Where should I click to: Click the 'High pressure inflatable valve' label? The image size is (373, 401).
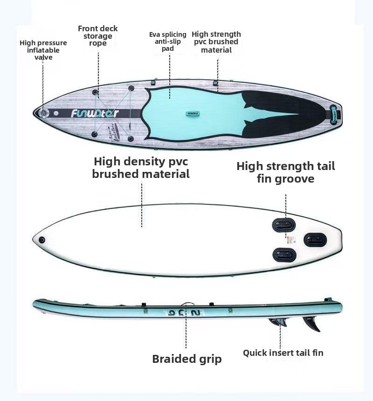point(43,50)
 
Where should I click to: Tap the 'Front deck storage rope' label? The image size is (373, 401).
point(98,36)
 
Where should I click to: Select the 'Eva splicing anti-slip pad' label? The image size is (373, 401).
point(168,41)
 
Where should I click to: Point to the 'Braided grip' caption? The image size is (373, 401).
point(187,359)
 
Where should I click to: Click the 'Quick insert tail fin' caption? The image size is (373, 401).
point(283,353)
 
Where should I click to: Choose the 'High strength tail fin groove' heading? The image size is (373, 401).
point(285,172)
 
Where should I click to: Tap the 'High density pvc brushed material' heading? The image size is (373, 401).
point(141,168)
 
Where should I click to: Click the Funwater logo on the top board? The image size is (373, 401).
point(95,113)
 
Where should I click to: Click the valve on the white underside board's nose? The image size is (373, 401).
point(42,240)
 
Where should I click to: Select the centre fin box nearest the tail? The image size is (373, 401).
point(315,240)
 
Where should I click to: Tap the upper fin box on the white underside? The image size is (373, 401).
point(284,225)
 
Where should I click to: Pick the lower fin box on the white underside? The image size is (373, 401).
point(284,255)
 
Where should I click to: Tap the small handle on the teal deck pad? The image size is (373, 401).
point(192,113)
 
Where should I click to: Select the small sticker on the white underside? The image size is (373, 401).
point(290,240)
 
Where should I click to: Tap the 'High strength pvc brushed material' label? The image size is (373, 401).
point(216,42)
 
